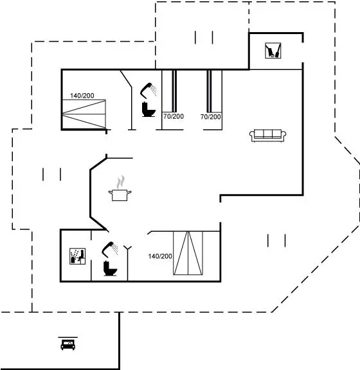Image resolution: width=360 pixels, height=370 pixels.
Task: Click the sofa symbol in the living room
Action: [268, 136]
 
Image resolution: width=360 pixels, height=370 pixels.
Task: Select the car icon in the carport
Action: [68, 344]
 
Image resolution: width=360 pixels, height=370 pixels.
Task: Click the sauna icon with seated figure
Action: [78, 256]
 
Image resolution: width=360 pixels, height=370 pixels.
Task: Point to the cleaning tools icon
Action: [273, 50]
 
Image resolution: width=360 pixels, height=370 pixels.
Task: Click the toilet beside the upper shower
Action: [148, 109]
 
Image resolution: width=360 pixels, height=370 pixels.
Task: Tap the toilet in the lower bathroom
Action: [110, 269]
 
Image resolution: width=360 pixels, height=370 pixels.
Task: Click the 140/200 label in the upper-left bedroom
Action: [82, 96]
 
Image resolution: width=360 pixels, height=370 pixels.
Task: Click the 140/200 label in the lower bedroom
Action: [160, 256]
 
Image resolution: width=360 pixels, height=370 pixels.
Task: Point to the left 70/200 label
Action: [174, 116]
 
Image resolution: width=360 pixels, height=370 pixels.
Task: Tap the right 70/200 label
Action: [211, 117]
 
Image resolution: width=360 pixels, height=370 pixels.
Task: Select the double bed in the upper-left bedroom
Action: [84, 114]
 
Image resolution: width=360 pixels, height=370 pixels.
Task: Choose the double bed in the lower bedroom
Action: [188, 253]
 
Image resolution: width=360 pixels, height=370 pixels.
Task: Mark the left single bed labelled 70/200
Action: [169, 91]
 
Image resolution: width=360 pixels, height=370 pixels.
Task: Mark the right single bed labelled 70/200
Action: [215, 91]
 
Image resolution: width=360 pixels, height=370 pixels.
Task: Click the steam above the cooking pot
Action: [121, 182]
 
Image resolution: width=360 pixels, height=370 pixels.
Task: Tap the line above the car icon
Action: [68, 337]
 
